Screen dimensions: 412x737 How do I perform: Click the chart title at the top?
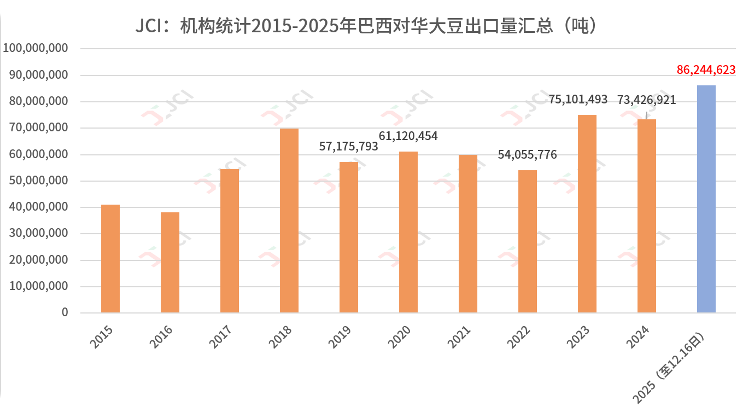point(368,25)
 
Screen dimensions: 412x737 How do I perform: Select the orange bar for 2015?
point(110,259)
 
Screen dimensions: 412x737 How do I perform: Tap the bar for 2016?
point(170,263)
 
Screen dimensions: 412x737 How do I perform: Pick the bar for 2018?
point(289,220)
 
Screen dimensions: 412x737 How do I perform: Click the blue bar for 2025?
point(706,199)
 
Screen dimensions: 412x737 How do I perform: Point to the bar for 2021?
point(468,234)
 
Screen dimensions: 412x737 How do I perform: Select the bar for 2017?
point(230,241)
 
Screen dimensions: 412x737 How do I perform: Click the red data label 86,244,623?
point(706,70)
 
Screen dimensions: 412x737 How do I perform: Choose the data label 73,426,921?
point(646,100)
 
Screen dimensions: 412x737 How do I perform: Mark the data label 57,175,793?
point(349,147)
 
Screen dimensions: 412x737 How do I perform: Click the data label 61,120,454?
point(408,136)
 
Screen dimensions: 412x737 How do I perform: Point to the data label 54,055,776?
point(527,155)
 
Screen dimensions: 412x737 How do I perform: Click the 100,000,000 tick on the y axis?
point(36,49)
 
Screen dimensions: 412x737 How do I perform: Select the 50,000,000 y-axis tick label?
point(39,181)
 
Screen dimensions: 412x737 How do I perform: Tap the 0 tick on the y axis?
point(65,312)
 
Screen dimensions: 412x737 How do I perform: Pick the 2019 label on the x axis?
point(340,338)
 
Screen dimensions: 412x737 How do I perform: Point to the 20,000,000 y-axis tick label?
point(39,260)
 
